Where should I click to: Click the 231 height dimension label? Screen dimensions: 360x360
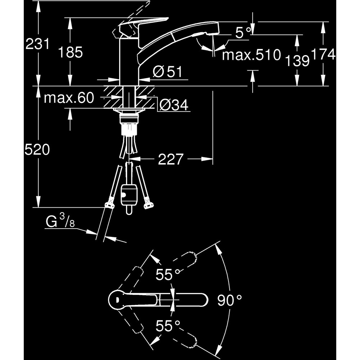click(x=37, y=45)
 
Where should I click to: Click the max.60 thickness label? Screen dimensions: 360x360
click(x=68, y=98)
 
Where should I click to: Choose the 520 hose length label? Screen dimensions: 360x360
click(x=37, y=149)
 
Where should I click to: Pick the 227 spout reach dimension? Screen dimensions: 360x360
click(x=171, y=159)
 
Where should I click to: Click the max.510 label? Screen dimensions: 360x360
click(x=251, y=55)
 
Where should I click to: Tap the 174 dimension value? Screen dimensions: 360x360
click(x=323, y=54)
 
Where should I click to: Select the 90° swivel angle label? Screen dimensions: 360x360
click(x=229, y=300)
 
